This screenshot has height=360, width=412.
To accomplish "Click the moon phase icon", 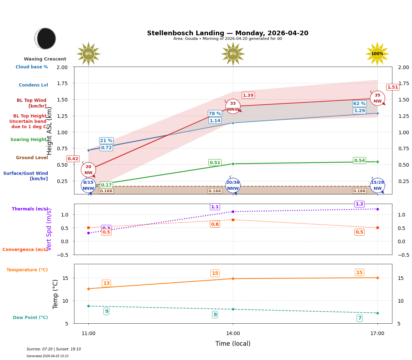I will (x=45, y=38).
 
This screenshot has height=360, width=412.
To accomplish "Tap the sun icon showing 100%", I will (x=377, y=54).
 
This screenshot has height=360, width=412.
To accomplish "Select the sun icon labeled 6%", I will (x=88, y=54).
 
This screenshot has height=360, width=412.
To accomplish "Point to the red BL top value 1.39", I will (x=248, y=95).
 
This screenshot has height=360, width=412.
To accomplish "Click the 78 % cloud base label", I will (x=215, y=113).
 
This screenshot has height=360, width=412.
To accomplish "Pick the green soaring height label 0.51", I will (x=215, y=162).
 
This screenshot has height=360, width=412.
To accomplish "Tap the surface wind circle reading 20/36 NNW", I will (x=233, y=186).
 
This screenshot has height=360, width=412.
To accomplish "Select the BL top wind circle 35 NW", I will (x=377, y=98).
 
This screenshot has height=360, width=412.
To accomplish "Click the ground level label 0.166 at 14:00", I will (x=215, y=191).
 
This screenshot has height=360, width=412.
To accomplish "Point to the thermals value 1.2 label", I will (x=359, y=204).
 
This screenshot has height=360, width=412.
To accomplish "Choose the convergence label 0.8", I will (x=215, y=224).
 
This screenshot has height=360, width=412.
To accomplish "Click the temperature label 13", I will (x=106, y=283).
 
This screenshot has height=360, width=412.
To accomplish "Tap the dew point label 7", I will (x=359, y=318).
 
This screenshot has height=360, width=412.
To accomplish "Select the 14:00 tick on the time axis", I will (x=233, y=333).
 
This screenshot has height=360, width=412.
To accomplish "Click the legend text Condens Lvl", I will (x=33, y=85).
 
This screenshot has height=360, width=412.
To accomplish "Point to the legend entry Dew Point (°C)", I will (x=30, y=318).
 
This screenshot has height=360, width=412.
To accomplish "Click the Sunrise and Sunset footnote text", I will (x=54, y=349).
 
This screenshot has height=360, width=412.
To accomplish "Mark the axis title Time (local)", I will (x=233, y=344).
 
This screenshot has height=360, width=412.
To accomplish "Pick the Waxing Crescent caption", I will (x=45, y=59).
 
